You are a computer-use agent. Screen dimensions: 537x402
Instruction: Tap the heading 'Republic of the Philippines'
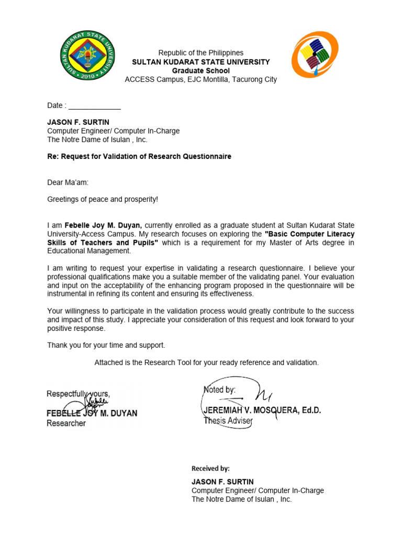(201, 53)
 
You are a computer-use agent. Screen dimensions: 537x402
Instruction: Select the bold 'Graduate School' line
(201, 71)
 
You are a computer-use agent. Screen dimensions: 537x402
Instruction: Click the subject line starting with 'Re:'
(139, 157)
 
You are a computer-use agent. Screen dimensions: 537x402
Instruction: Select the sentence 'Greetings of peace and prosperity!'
(103, 199)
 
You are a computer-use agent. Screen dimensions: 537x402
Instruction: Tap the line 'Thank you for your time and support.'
(106, 345)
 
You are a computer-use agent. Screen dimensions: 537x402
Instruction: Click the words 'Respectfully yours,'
(78, 394)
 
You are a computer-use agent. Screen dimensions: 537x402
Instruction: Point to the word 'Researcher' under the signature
(66, 423)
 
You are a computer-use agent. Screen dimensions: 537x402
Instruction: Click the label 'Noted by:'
(219, 390)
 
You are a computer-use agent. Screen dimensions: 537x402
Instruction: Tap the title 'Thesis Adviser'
(228, 421)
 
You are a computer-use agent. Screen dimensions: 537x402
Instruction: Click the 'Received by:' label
(210, 469)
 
